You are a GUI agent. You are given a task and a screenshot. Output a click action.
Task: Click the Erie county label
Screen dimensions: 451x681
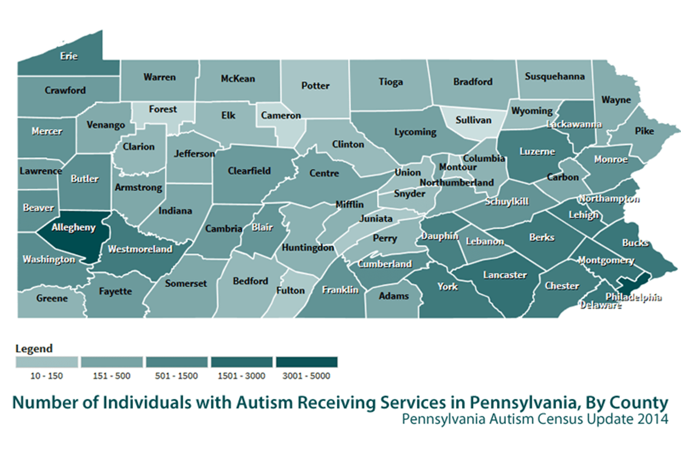tap(69, 56)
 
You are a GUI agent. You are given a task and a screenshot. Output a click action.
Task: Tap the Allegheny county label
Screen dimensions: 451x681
tap(73, 228)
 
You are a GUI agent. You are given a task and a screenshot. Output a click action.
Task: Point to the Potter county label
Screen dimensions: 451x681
tap(315, 86)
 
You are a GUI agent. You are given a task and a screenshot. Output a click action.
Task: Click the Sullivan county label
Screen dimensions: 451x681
tap(474, 120)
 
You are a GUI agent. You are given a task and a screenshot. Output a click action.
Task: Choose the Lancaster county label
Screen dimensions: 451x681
tap(505, 275)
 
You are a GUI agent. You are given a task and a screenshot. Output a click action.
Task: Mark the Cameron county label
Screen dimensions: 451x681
tap(281, 115)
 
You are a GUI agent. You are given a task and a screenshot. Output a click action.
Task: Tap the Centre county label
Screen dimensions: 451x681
tap(324, 173)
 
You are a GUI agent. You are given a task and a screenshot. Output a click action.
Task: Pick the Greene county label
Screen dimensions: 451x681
tap(52, 298)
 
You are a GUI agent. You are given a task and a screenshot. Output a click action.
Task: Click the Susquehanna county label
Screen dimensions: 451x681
tap(554, 76)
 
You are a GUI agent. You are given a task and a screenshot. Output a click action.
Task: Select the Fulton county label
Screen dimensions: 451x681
tap(290, 290)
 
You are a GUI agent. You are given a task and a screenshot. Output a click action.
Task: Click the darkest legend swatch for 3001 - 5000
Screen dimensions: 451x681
tap(306, 362)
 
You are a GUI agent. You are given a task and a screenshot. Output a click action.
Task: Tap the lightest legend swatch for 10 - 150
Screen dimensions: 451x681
tap(47, 362)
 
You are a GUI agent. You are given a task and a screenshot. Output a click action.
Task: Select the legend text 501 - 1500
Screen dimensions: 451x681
tap(177, 376)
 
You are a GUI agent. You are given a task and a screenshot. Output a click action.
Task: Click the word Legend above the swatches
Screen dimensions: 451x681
tap(34, 349)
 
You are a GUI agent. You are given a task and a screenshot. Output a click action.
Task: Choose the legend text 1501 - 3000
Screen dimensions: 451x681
tap(242, 376)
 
